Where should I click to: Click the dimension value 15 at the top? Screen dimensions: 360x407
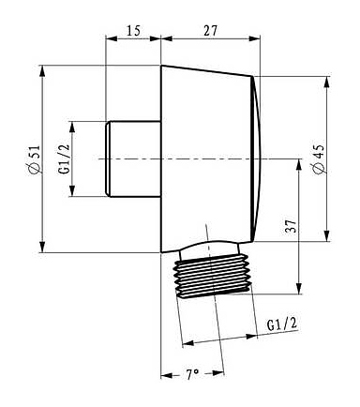tap(133, 31)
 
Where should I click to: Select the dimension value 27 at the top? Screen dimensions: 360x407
tap(210, 31)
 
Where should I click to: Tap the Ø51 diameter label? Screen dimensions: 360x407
tap(34, 158)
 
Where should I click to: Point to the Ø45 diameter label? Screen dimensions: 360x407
tap(319, 158)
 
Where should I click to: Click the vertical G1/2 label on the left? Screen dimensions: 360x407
tap(63, 158)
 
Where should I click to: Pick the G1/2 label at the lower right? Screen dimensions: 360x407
tap(282, 325)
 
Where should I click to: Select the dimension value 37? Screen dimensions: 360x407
tap(290, 226)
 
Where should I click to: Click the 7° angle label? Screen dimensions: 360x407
tap(192, 374)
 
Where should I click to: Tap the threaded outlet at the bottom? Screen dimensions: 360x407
tap(214, 275)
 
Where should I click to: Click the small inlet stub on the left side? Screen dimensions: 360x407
tap(133, 158)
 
